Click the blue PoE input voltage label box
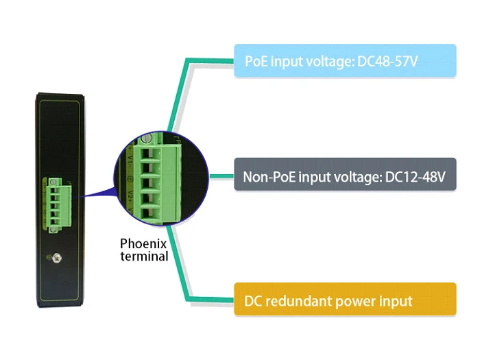pyautogui.click(x=345, y=62)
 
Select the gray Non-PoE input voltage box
pyautogui.click(x=345, y=177)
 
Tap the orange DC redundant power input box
pyautogui.click(x=345, y=300)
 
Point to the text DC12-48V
pyautogui.click(x=416, y=178)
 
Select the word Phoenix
pyautogui.click(x=143, y=243)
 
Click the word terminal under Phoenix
pyautogui.click(x=144, y=256)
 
